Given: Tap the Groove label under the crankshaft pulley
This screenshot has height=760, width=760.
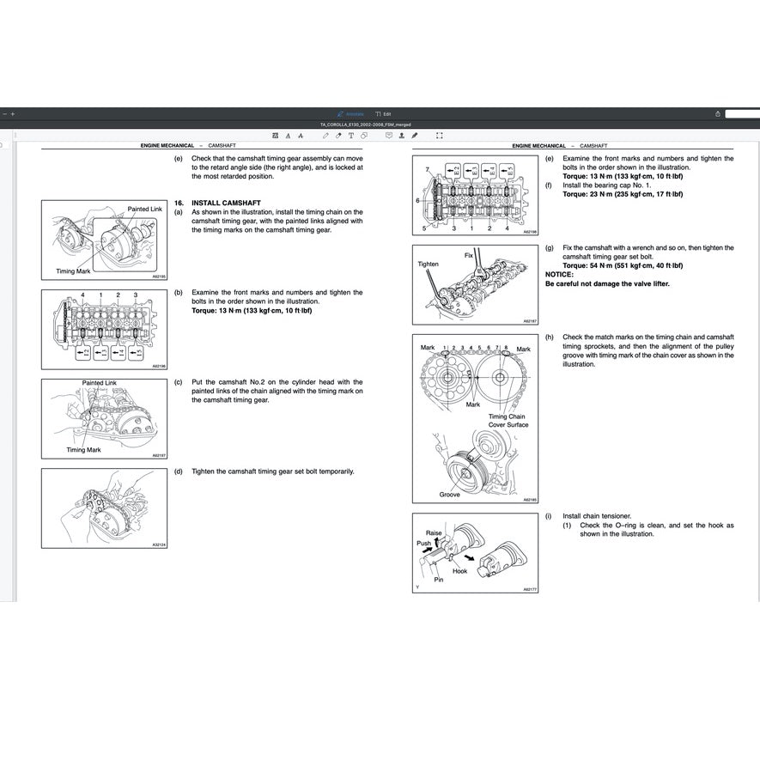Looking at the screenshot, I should pos(449,495).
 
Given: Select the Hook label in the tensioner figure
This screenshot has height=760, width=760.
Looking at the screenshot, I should pos(459,570).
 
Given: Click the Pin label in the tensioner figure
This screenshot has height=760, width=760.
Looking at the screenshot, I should pos(438,580).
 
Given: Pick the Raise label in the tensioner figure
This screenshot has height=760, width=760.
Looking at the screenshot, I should pos(434,533).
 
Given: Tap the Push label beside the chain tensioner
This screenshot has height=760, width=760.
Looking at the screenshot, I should pos(424,544).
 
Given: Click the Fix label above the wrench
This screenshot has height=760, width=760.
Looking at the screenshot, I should pos(469,255).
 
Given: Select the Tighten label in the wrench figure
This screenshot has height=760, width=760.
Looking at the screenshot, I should pos(428,264).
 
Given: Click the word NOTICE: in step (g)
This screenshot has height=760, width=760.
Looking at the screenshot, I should pos(559,275).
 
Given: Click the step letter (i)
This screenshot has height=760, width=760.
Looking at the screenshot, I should pos(549,516).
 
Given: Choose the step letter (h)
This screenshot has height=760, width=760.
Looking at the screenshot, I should pos(549,337).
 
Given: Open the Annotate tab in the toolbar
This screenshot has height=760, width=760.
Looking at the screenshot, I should pos(351,113).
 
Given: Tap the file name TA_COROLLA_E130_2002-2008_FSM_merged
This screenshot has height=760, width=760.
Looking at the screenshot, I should pos(365,125).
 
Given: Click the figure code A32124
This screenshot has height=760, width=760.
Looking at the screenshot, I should pos(159,544).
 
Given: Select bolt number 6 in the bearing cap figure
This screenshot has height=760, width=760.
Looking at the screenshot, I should pos(417,200).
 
